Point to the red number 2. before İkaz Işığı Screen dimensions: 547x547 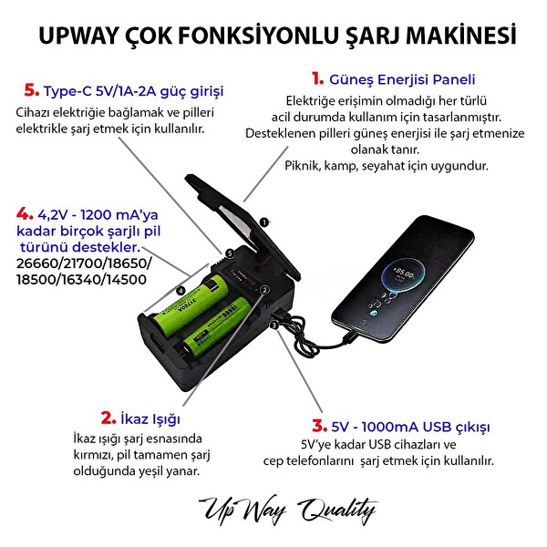(x=106, y=418)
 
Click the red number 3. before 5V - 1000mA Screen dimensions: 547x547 (x=318, y=426)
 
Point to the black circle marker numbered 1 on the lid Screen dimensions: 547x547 (x=263, y=222)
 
